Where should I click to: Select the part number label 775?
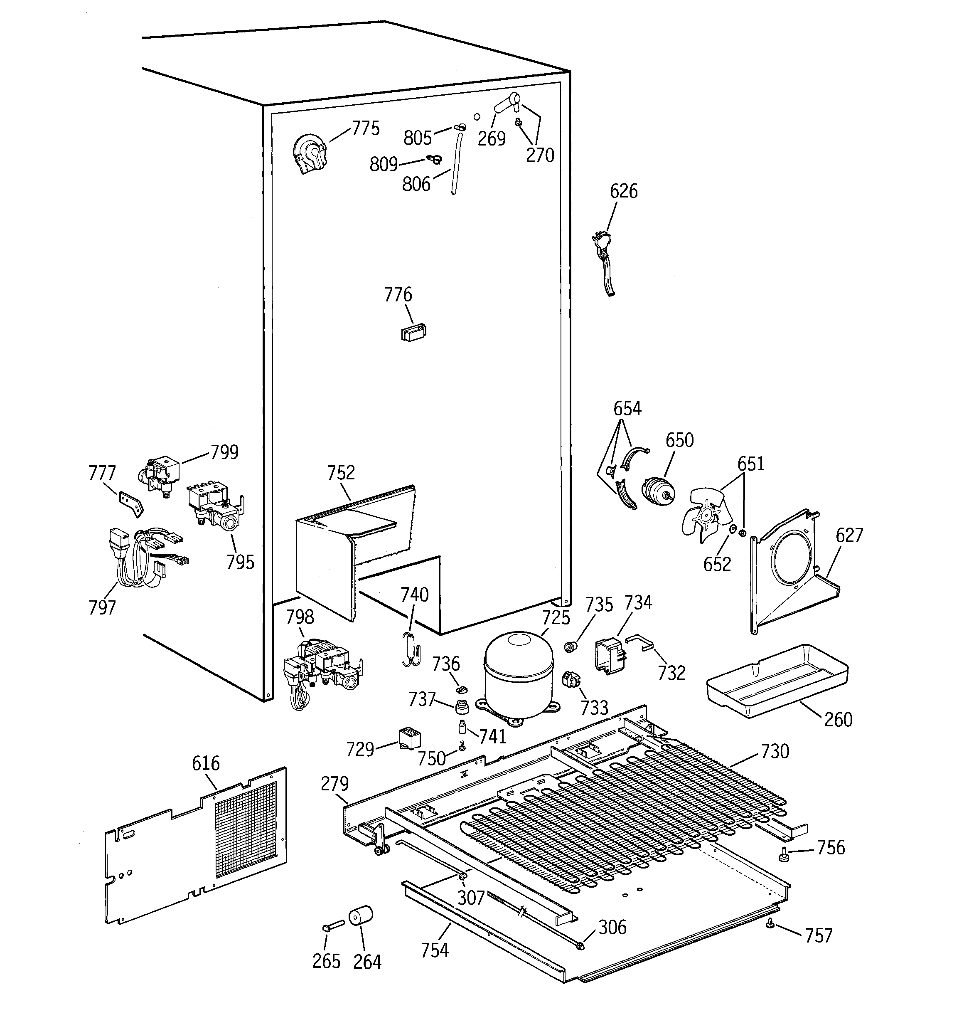point(365,128)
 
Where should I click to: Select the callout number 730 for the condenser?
point(775,751)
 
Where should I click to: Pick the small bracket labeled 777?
point(130,503)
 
